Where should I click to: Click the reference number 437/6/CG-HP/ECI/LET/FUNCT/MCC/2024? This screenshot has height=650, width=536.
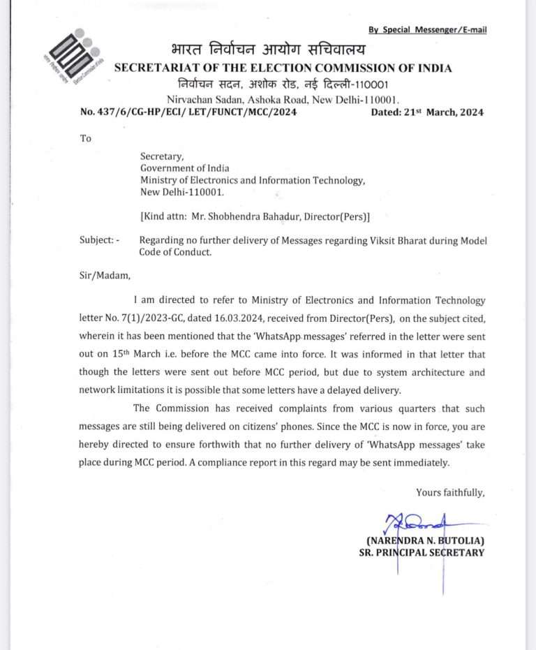(188, 112)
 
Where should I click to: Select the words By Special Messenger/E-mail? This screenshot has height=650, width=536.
(428, 29)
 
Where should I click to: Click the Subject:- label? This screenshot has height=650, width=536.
(100, 241)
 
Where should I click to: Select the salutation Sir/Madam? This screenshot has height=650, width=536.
(105, 275)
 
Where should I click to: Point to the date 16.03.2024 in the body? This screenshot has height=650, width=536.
(262, 320)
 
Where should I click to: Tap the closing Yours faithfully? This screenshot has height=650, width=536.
(449, 493)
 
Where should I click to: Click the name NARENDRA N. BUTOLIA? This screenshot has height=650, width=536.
(425, 540)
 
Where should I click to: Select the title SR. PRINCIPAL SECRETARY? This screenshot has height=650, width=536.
(417, 553)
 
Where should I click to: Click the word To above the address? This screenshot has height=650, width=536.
(86, 138)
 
